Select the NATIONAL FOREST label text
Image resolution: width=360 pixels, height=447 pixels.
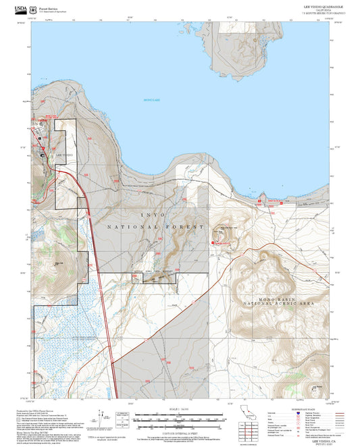click(x=155, y=228)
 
